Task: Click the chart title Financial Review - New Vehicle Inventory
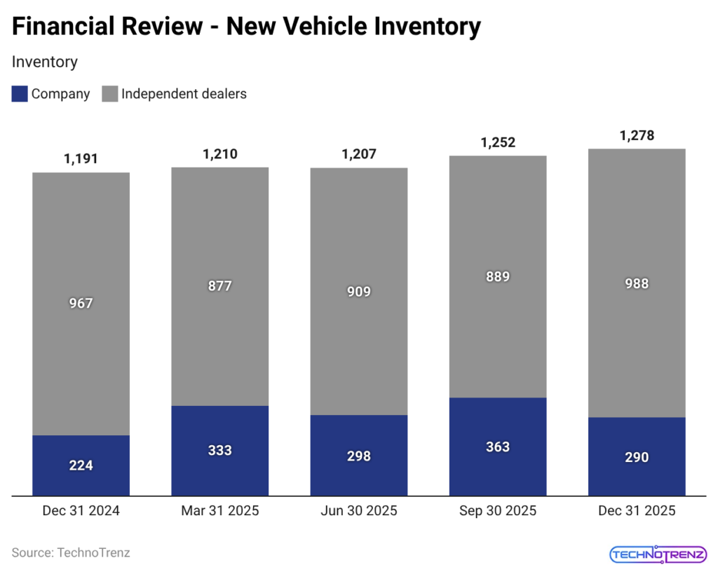tap(247, 27)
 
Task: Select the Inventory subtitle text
tap(45, 62)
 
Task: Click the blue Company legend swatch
tap(20, 93)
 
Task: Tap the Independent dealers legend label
tap(184, 93)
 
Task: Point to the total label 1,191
tap(81, 158)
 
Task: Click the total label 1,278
tap(637, 135)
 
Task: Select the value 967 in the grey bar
tap(81, 304)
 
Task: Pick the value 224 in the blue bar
tap(81, 465)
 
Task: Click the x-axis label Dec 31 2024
tap(81, 511)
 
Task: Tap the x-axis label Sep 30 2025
tap(498, 511)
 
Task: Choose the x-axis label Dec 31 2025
tap(637, 511)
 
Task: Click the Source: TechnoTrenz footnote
tap(71, 552)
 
